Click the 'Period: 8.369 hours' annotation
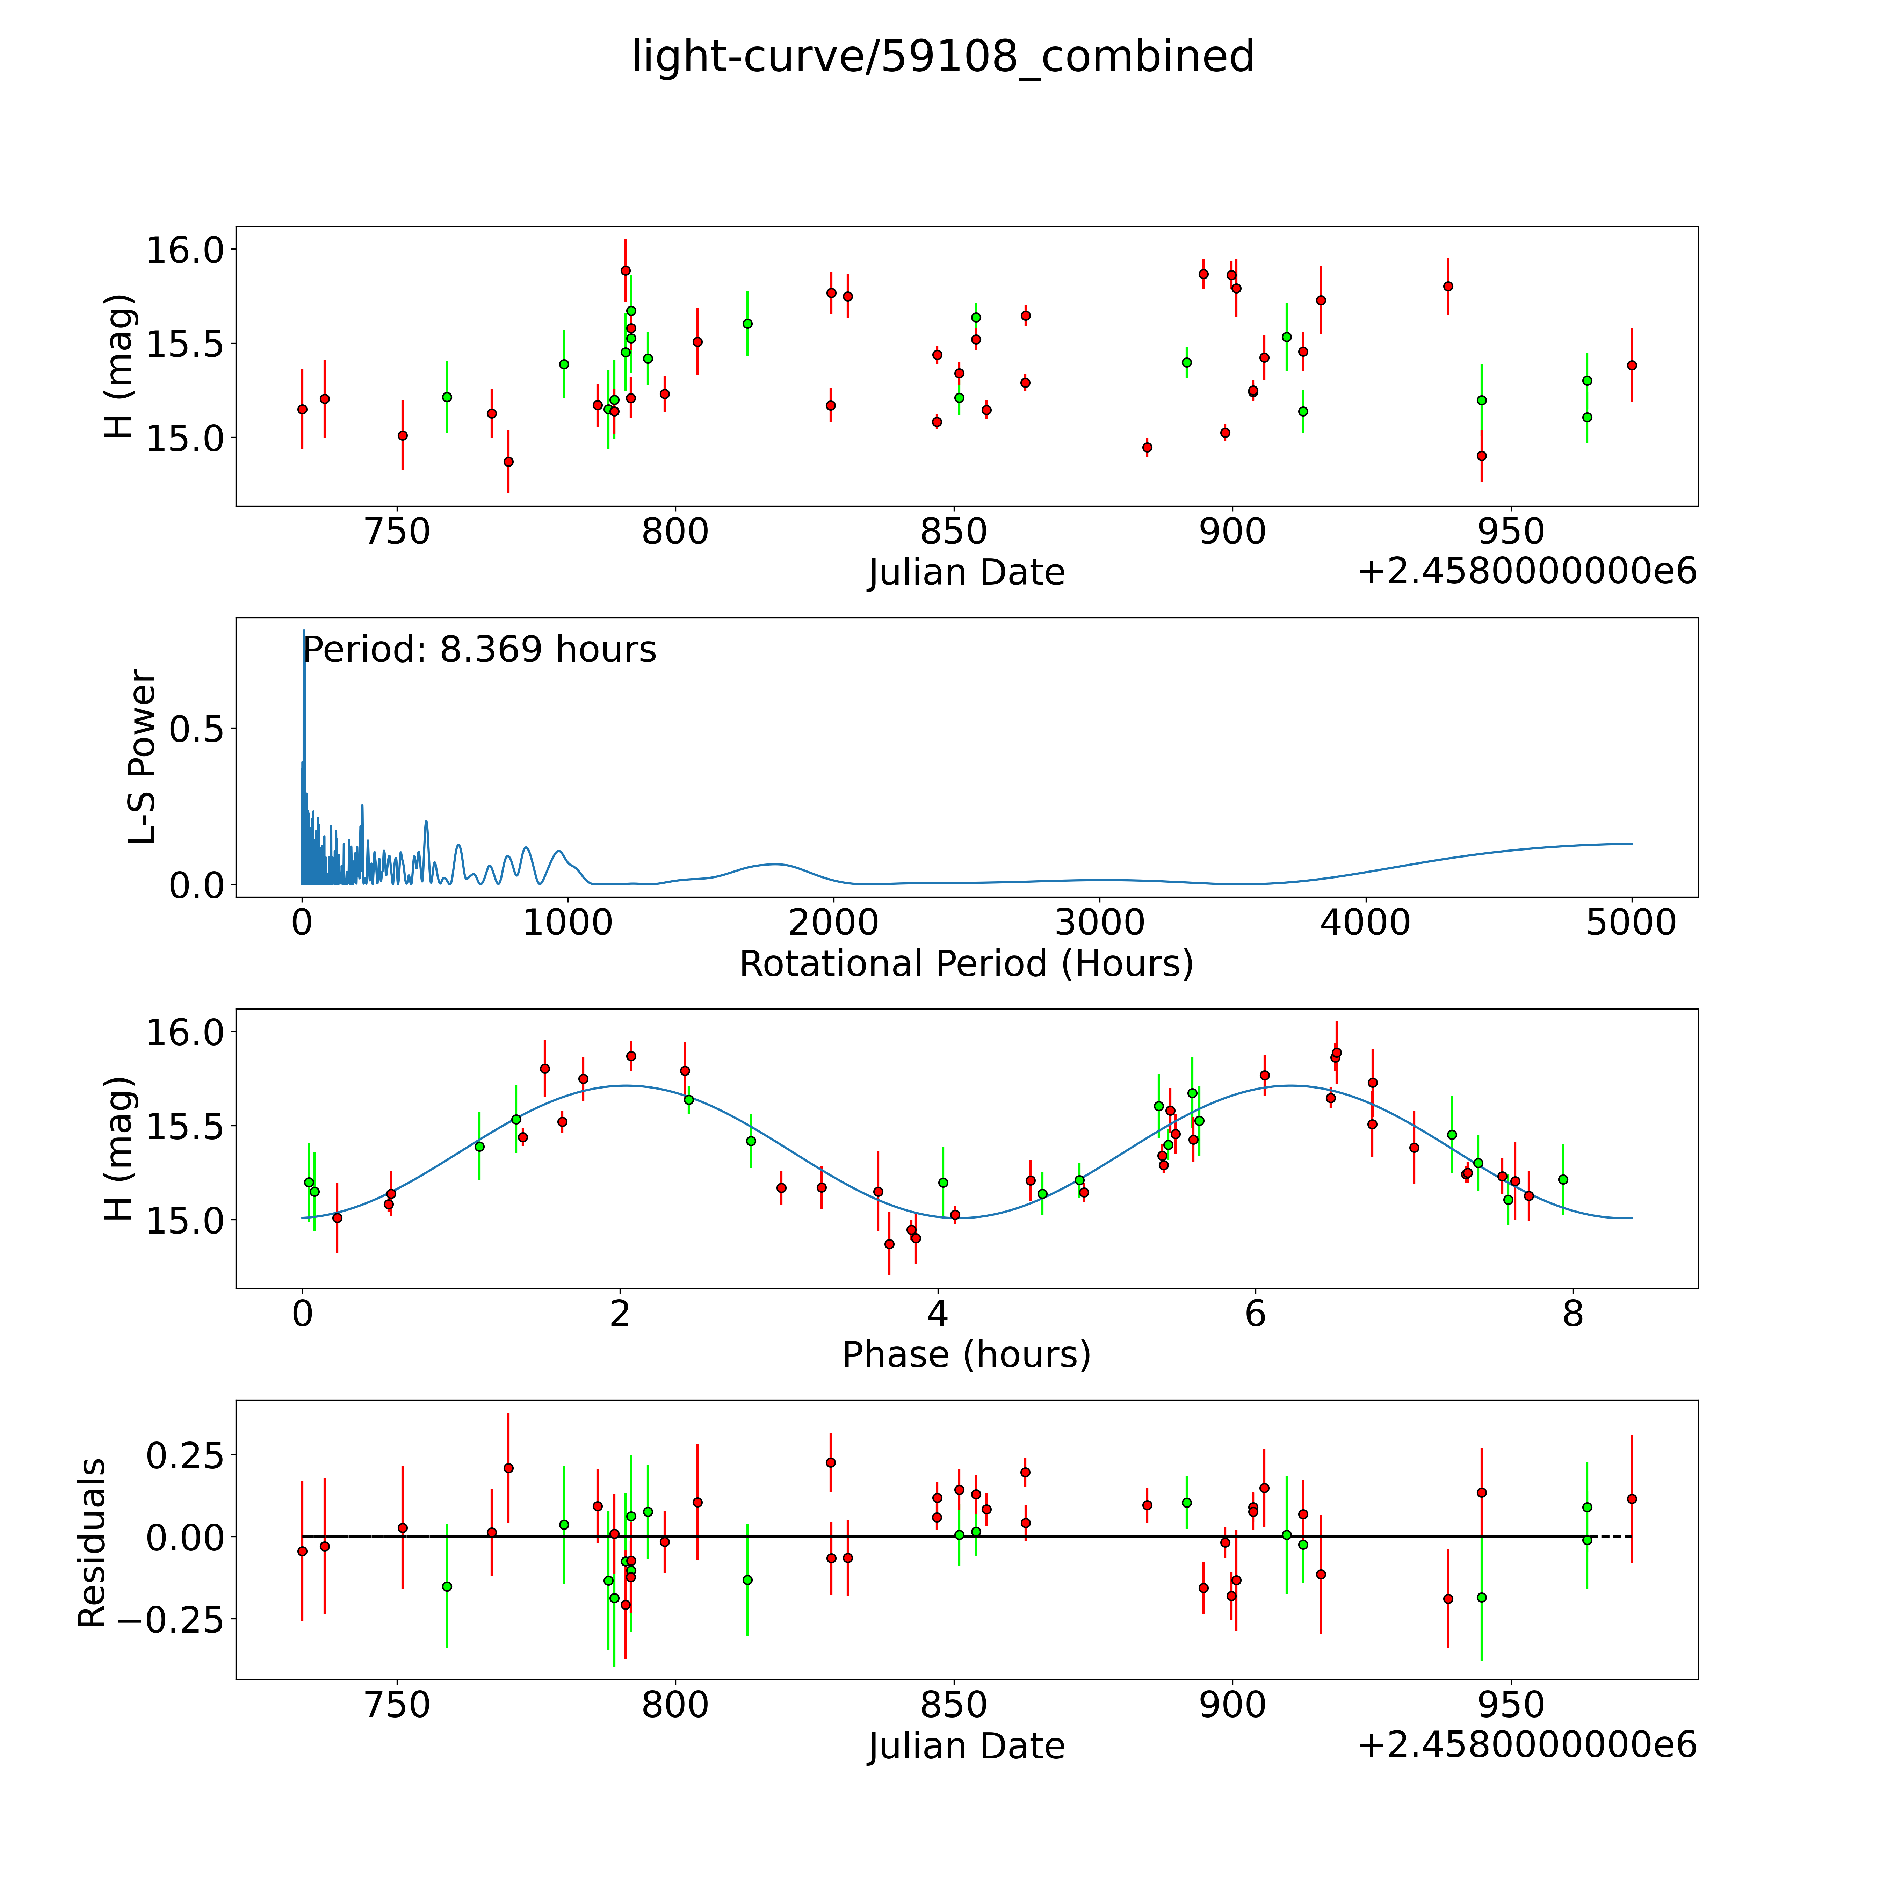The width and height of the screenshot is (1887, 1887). tap(479, 650)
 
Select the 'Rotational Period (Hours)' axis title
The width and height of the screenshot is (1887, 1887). tap(966, 964)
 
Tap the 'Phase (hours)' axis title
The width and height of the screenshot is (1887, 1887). tap(966, 1355)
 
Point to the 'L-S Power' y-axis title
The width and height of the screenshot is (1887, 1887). tap(143, 757)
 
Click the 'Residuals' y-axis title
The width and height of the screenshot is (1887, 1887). tap(92, 1543)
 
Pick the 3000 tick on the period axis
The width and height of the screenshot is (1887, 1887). tap(1100, 922)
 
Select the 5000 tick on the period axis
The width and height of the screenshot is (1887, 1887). tap(1631, 922)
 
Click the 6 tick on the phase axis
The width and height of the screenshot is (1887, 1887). tap(1255, 1314)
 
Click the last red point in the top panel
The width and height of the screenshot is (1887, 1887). tap(1631, 365)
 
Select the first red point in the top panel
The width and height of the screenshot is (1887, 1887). tap(303, 409)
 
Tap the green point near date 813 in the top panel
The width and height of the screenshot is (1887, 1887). tap(747, 323)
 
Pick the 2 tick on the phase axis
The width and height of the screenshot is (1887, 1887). tap(620, 1314)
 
